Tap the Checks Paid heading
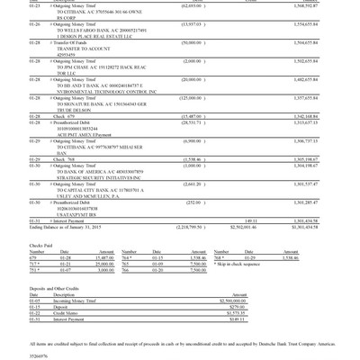pyautogui.click(x=42, y=244)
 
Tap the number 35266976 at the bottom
pyautogui.click(x=40, y=355)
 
